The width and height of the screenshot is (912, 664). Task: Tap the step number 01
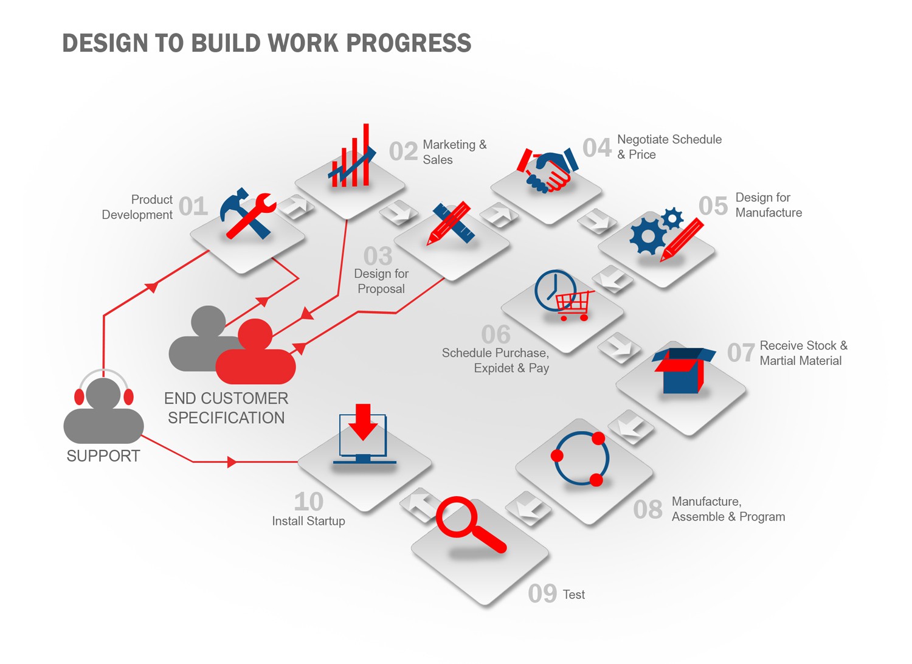coord(193,206)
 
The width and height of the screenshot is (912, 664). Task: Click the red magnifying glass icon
coord(471,524)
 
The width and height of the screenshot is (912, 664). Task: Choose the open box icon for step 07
coord(683,370)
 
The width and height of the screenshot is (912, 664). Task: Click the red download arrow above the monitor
coord(363,422)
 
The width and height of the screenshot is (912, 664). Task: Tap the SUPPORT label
coord(103,456)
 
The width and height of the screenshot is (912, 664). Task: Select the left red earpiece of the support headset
coord(80,396)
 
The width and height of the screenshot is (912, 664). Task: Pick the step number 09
coord(542,593)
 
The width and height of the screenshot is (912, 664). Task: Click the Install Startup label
coord(309,520)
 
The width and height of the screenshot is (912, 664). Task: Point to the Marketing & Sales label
coord(454,152)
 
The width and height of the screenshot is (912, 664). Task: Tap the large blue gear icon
coord(647,236)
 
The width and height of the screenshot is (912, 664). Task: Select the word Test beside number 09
coord(574,595)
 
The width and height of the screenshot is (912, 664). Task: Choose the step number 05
coord(713,206)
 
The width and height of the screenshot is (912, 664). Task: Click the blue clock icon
coord(555,290)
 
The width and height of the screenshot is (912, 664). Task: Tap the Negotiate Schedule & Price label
coord(669,147)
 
